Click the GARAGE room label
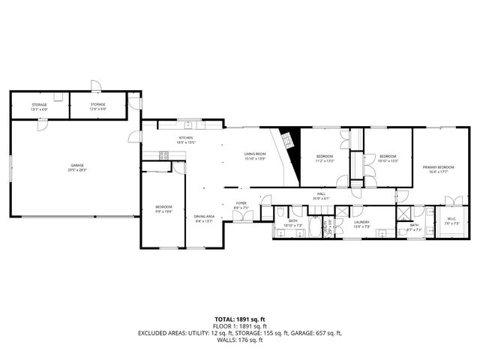pos(77,166)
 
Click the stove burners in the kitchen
pos(162,155)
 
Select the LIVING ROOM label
pos(255,155)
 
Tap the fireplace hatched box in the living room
pos(287,140)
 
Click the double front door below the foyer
pos(241,217)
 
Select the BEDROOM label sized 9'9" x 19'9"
pos(163,208)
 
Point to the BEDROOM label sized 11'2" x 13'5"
pos(324,157)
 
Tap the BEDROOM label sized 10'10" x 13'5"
pos(387,157)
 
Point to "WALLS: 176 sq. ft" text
pos(239,340)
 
